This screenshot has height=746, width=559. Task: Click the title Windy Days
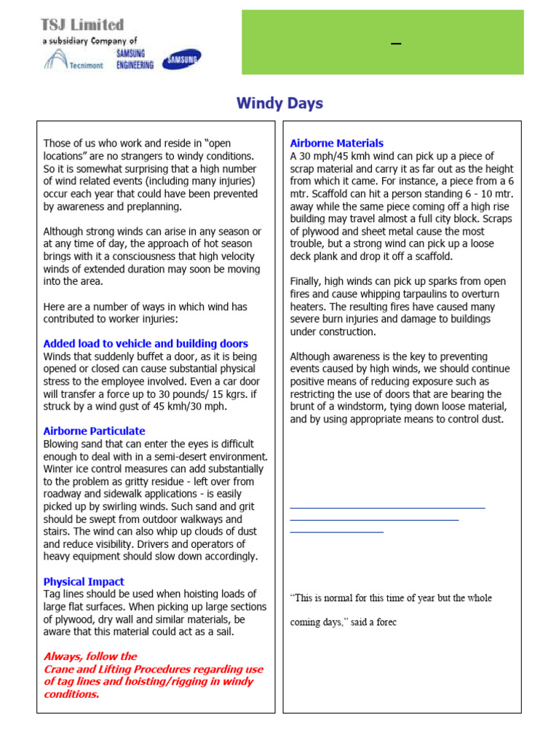(x=279, y=103)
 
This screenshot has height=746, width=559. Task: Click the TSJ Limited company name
(x=82, y=25)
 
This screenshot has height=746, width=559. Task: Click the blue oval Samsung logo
(x=182, y=60)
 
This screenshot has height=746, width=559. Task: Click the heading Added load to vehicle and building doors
(x=146, y=344)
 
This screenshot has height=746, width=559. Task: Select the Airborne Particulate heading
(x=94, y=431)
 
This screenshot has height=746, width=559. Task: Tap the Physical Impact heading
(x=84, y=582)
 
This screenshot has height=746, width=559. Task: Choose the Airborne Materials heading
(x=336, y=144)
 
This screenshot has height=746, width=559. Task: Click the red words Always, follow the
(x=90, y=656)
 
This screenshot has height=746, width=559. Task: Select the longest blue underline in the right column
(x=387, y=507)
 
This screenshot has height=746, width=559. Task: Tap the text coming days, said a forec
(x=343, y=623)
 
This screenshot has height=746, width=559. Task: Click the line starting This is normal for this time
(x=391, y=598)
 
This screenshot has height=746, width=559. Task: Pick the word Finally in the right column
(x=306, y=281)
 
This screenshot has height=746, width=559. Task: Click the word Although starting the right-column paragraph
(x=313, y=357)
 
